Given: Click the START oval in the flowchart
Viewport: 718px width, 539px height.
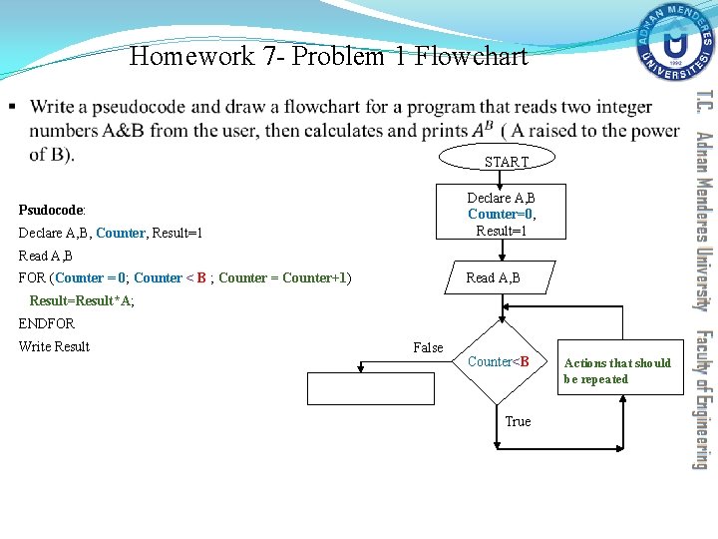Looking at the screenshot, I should tap(506, 161).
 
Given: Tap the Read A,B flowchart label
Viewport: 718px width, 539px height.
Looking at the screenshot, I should tap(493, 278).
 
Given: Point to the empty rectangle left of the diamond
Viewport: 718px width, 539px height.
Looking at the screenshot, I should tap(371, 387).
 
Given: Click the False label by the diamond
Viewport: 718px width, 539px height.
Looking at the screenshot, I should tap(428, 347).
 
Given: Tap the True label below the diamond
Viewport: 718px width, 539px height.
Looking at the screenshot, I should tap(518, 421).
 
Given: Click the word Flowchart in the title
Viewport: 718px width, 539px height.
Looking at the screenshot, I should tap(470, 56).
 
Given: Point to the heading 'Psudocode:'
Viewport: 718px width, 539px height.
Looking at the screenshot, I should tap(52, 211).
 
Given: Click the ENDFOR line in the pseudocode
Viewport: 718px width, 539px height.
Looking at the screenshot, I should tap(47, 323).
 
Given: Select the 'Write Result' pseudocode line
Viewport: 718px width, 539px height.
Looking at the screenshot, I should tap(54, 346).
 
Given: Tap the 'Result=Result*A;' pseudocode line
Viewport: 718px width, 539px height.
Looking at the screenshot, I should tap(82, 300).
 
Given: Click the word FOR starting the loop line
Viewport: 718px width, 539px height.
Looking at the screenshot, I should tap(34, 277).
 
